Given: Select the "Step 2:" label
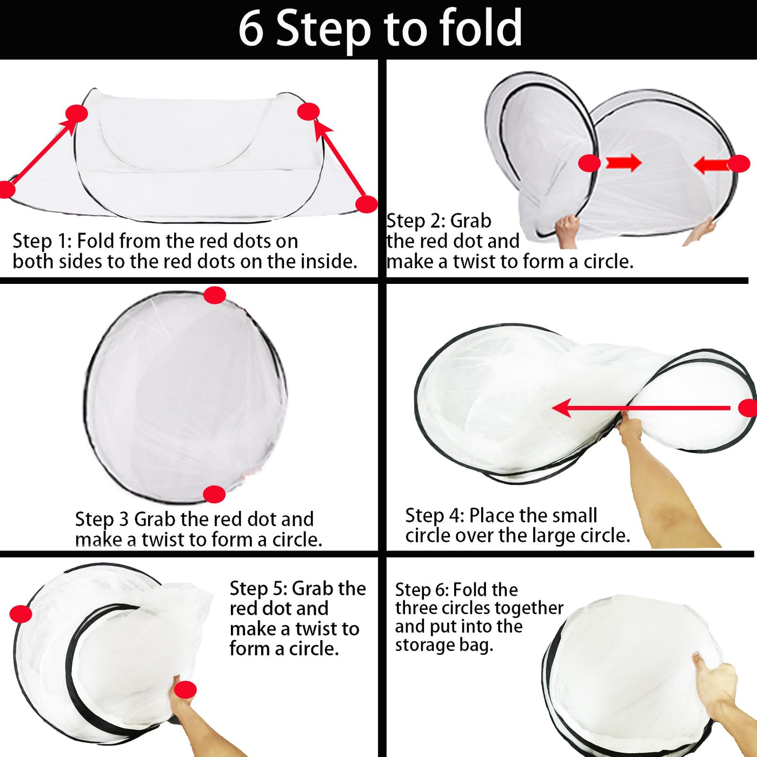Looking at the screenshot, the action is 416,221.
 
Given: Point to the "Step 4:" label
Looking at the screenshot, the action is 435,516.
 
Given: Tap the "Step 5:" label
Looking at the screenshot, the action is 259,589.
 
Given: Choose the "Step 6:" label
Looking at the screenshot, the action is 422,590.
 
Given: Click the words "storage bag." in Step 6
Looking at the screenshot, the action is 444,646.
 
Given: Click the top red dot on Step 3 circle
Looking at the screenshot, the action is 215,295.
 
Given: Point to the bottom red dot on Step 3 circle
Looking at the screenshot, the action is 214,494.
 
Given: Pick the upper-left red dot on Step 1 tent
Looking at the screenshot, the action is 77,114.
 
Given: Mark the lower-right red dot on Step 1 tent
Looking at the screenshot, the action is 366,204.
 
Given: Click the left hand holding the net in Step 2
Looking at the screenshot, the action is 567,232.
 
